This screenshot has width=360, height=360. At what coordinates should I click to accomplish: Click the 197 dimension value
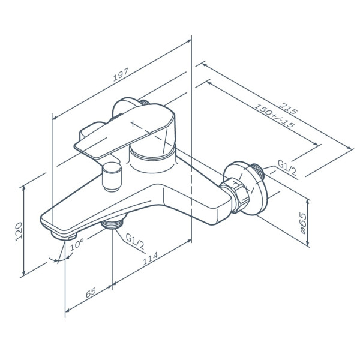pos(121,74)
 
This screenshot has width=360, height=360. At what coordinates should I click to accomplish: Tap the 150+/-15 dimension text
pos(274,116)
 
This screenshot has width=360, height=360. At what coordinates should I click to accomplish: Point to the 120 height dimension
pos(19,232)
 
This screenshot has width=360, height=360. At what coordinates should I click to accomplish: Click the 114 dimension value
pos(151,259)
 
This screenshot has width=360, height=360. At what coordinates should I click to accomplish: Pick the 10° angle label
pos(77,244)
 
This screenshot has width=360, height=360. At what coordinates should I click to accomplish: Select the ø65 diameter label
pos(303,223)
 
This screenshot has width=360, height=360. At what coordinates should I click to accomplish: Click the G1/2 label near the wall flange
pos(287,167)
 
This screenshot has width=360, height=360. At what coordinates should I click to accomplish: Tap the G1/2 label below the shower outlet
pos(135,242)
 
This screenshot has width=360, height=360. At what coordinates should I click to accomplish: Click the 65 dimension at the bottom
pos(91,293)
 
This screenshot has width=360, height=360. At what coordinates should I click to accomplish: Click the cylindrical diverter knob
pos(112,177)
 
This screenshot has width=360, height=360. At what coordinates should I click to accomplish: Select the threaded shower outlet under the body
pos(112,224)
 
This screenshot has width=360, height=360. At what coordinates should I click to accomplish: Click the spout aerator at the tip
pos(64,236)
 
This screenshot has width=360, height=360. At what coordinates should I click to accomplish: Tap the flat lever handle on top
pos(125,131)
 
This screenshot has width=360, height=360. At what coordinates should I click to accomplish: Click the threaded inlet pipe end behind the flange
pos(257,171)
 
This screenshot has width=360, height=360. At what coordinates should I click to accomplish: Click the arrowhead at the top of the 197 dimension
pos(189,41)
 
